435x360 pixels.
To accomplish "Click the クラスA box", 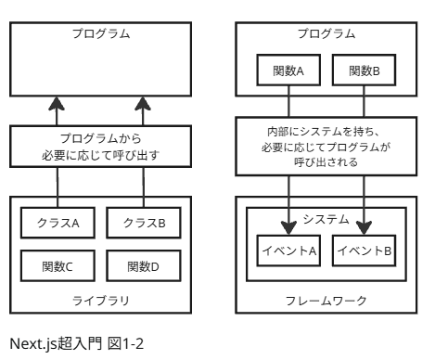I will (x=58, y=223).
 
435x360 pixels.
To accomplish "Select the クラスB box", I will (x=142, y=223).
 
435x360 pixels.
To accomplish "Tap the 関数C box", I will (x=58, y=267).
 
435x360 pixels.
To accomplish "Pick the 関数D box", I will (x=142, y=267).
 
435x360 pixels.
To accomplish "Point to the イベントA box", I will (x=288, y=250).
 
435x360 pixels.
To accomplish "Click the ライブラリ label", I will (x=100, y=300).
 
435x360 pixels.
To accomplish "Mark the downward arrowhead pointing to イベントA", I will (x=288, y=225).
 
